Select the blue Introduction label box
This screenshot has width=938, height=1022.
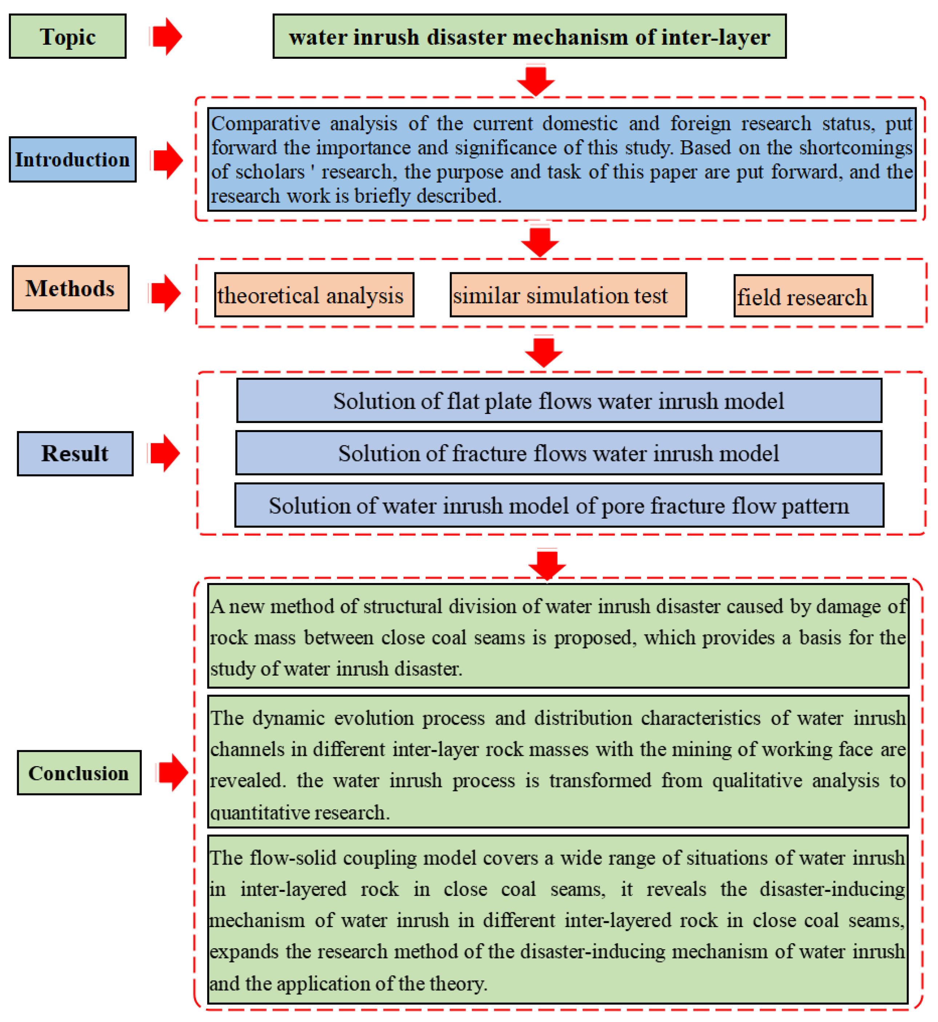pyautogui.click(x=73, y=159)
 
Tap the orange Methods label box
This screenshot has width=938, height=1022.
pyautogui.click(x=71, y=288)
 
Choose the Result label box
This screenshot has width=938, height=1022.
pyautogui.click(x=75, y=454)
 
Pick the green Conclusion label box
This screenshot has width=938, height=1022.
pyautogui.click(x=79, y=773)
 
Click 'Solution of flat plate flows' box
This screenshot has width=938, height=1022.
pyautogui.click(x=559, y=401)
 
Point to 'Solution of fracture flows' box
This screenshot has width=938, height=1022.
pyautogui.click(x=559, y=453)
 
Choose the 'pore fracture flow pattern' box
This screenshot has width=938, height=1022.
pyautogui.click(x=559, y=506)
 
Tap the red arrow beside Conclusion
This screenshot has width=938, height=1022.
pyautogui.click(x=173, y=772)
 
